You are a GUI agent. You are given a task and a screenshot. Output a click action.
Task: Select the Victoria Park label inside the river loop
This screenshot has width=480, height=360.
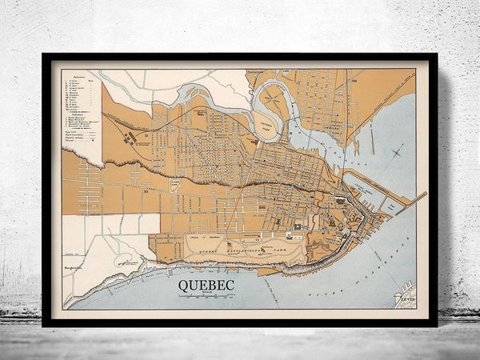(x=265, y=121)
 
